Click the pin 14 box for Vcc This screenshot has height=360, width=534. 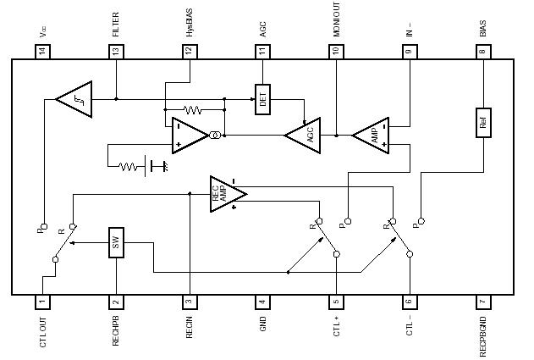(41, 52)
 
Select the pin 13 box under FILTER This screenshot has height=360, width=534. (115, 52)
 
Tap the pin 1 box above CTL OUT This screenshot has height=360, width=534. (41, 302)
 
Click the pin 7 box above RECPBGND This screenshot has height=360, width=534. (482, 302)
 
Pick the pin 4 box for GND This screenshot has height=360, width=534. (262, 302)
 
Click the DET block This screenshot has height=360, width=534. (262, 99)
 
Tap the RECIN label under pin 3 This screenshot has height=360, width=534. (189, 329)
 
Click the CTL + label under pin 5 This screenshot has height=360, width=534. (336, 327)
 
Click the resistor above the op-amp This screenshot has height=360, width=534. (192, 109)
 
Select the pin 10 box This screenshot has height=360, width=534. (336, 52)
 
